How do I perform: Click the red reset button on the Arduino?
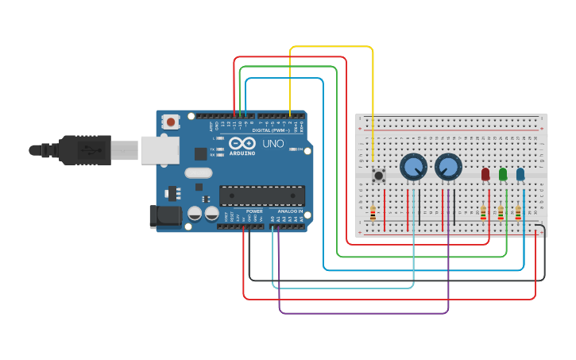coord(170,122)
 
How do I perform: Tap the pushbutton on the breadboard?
coord(379,176)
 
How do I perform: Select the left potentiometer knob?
coord(413,167)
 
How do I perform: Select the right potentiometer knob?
coord(448,167)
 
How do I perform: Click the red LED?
coord(485,174)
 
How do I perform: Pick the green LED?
coord(503,174)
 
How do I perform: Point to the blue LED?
coord(520,174)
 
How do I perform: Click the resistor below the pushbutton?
coord(373,213)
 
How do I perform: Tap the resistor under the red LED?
coord(483,213)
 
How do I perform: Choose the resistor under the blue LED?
coord(518,213)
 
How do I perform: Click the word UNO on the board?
coord(273,144)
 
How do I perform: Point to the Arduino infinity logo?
coord(241,144)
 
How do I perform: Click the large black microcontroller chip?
coord(262,195)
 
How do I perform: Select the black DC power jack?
coord(163,215)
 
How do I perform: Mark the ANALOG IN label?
coord(290,211)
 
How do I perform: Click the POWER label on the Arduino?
coord(254,211)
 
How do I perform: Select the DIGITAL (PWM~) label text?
coord(266,130)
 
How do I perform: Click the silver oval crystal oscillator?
coord(199,172)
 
